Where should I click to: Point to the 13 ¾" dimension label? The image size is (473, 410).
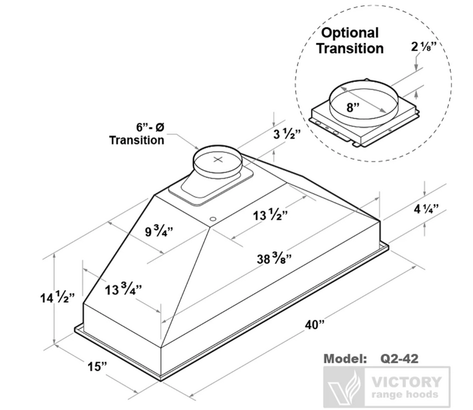coord(122,289)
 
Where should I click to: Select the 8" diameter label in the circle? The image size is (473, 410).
coord(352,108)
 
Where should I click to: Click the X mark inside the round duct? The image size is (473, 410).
coord(218,158)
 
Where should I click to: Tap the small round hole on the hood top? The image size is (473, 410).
coord(212,219)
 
